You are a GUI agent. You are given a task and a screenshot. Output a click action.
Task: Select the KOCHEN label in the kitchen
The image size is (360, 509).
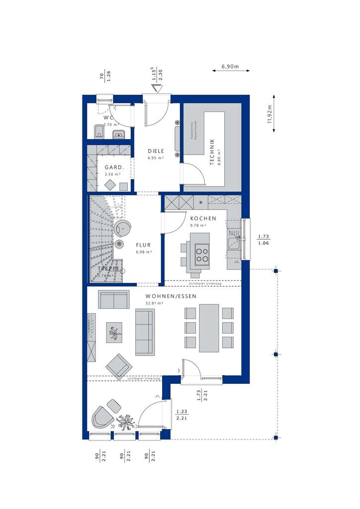click(x=203, y=218)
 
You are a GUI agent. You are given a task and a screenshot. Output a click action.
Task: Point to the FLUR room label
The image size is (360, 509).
click(x=143, y=245)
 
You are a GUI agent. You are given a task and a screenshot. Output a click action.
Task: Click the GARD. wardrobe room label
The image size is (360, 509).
click(x=113, y=168)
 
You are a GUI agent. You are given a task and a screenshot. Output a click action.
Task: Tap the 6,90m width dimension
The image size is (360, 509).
click(x=230, y=66)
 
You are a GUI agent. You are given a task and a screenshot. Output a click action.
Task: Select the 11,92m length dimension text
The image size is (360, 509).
click(x=270, y=118)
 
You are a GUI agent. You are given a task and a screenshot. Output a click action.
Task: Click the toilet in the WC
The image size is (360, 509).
click(x=98, y=132)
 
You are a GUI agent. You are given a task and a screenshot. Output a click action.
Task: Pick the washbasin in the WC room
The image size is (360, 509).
click(x=118, y=133)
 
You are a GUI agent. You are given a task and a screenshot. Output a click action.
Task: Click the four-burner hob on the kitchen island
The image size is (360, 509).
click(x=202, y=254)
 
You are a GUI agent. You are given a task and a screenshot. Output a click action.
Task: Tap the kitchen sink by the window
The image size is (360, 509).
click(x=233, y=243)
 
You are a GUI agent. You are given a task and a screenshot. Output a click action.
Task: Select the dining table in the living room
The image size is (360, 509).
click(x=209, y=328)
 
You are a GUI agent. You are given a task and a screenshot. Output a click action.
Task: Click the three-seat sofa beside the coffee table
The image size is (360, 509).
click(x=145, y=332)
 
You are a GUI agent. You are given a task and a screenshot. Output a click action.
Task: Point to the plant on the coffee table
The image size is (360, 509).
click(x=114, y=333)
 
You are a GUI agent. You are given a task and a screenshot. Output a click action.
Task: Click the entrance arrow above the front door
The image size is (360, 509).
click(x=157, y=88)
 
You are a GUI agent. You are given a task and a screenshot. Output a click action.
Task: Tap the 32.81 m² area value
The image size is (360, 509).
click(x=155, y=303)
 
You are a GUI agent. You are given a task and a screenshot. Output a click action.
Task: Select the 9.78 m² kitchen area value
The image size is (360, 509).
click(x=199, y=225)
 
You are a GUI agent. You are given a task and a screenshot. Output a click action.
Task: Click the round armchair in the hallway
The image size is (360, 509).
click(x=122, y=229)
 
